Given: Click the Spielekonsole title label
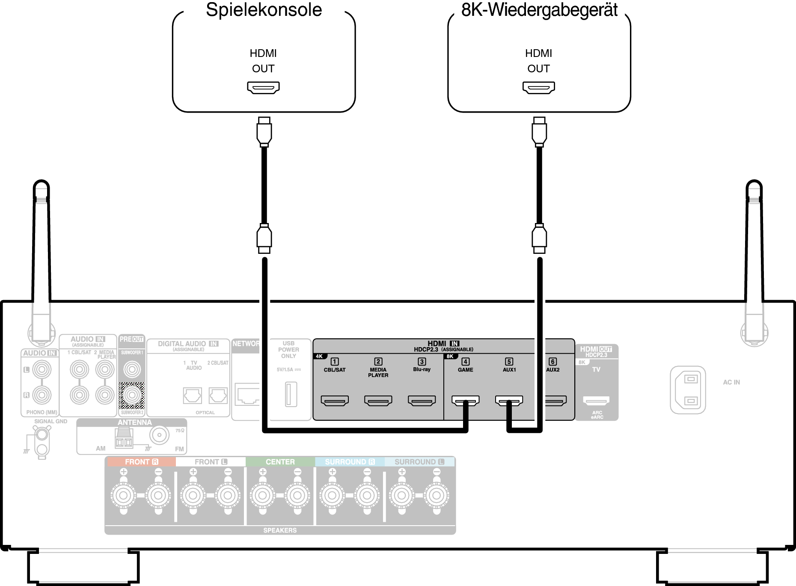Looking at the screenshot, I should pyautogui.click(x=264, y=10).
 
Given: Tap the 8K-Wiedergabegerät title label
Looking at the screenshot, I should pyautogui.click(x=539, y=10).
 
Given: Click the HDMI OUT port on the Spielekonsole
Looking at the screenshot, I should pyautogui.click(x=263, y=87).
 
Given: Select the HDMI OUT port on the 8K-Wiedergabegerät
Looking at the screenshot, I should pyautogui.click(x=538, y=87).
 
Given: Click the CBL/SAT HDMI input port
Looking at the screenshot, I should pyautogui.click(x=335, y=401).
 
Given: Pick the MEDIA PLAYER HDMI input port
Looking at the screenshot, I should pyautogui.click(x=378, y=401).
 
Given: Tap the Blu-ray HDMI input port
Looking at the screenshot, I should pyautogui.click(x=422, y=401).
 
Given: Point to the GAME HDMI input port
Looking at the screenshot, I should pyautogui.click(x=466, y=401).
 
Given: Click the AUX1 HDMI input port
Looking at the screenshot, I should pyautogui.click(x=509, y=401).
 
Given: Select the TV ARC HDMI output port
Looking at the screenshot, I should pyautogui.click(x=596, y=401).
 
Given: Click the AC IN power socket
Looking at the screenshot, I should pyautogui.click(x=688, y=390).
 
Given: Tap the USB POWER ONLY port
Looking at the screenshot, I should pyautogui.click(x=291, y=394).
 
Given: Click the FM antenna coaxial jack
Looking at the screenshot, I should pyautogui.click(x=159, y=435).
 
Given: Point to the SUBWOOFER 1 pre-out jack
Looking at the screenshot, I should pyautogui.click(x=132, y=369).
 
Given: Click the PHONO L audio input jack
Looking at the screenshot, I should pyautogui.click(x=42, y=369).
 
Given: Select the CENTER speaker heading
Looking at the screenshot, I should pyautogui.click(x=280, y=462).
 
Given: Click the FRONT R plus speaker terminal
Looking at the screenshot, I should pyautogui.click(x=124, y=495).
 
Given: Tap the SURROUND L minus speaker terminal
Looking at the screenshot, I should pyautogui.click(x=437, y=495).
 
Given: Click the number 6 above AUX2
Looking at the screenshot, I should pyautogui.click(x=552, y=362).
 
